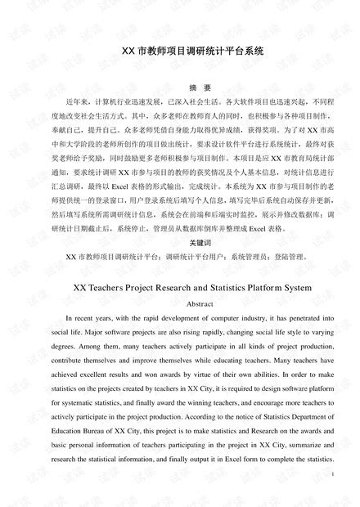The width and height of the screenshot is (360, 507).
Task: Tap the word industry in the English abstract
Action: pyautogui.click(x=228, y=318)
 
